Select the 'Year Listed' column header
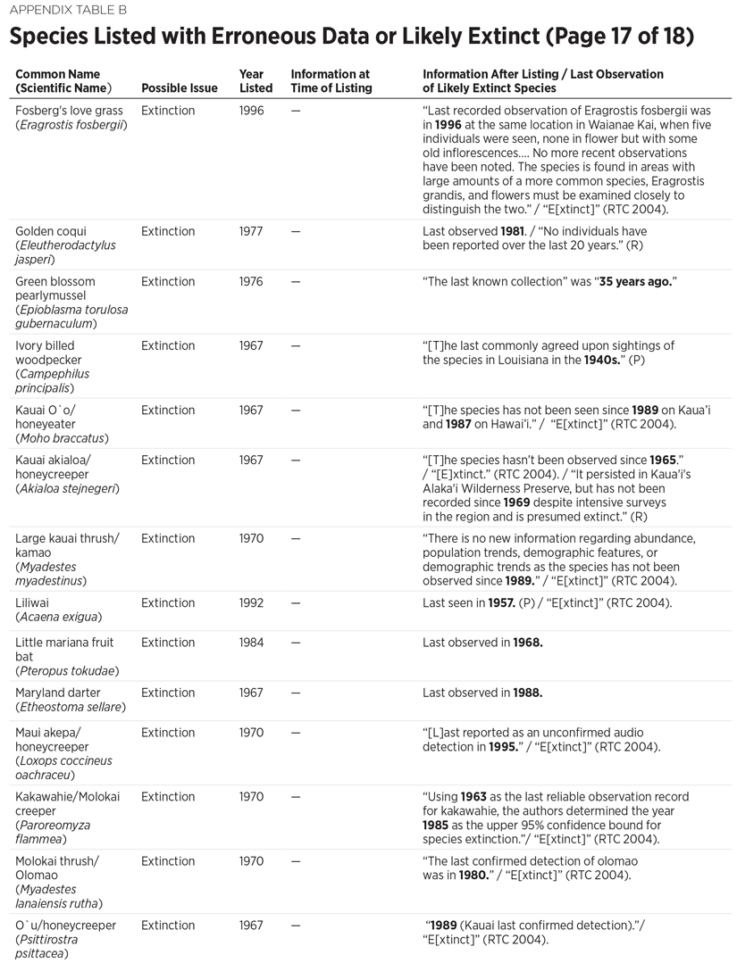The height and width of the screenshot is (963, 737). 255,81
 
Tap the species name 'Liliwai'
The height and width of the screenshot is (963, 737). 34,602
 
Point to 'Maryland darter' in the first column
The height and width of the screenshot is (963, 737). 58,693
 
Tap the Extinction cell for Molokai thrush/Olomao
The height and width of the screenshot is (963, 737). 168,860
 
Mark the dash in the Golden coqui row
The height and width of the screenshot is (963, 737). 296,231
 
